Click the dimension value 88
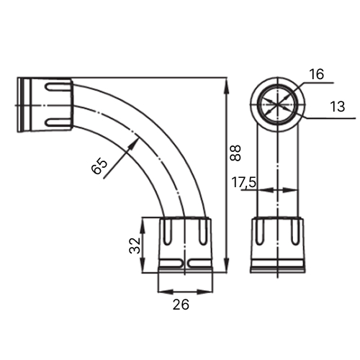pos(235,153)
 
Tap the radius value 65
pos(99,166)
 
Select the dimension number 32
pos(135,246)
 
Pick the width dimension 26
pos(181,305)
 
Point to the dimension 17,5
pos(244,182)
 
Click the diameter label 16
pos(317,74)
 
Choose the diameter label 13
pos(338,107)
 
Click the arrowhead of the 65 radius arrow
pos(134,143)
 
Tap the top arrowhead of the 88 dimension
pos(227,84)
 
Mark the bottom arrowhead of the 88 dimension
pos(227,266)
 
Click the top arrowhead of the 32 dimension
pos(143,225)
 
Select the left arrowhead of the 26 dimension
pos(165,292)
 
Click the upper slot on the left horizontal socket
pos(57,87)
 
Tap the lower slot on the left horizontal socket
pos(57,122)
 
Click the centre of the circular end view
pos(278,104)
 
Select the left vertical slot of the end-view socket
pos(260,231)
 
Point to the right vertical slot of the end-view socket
pos(294,231)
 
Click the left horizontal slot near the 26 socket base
pos(171,264)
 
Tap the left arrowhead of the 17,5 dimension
pos(266,190)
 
